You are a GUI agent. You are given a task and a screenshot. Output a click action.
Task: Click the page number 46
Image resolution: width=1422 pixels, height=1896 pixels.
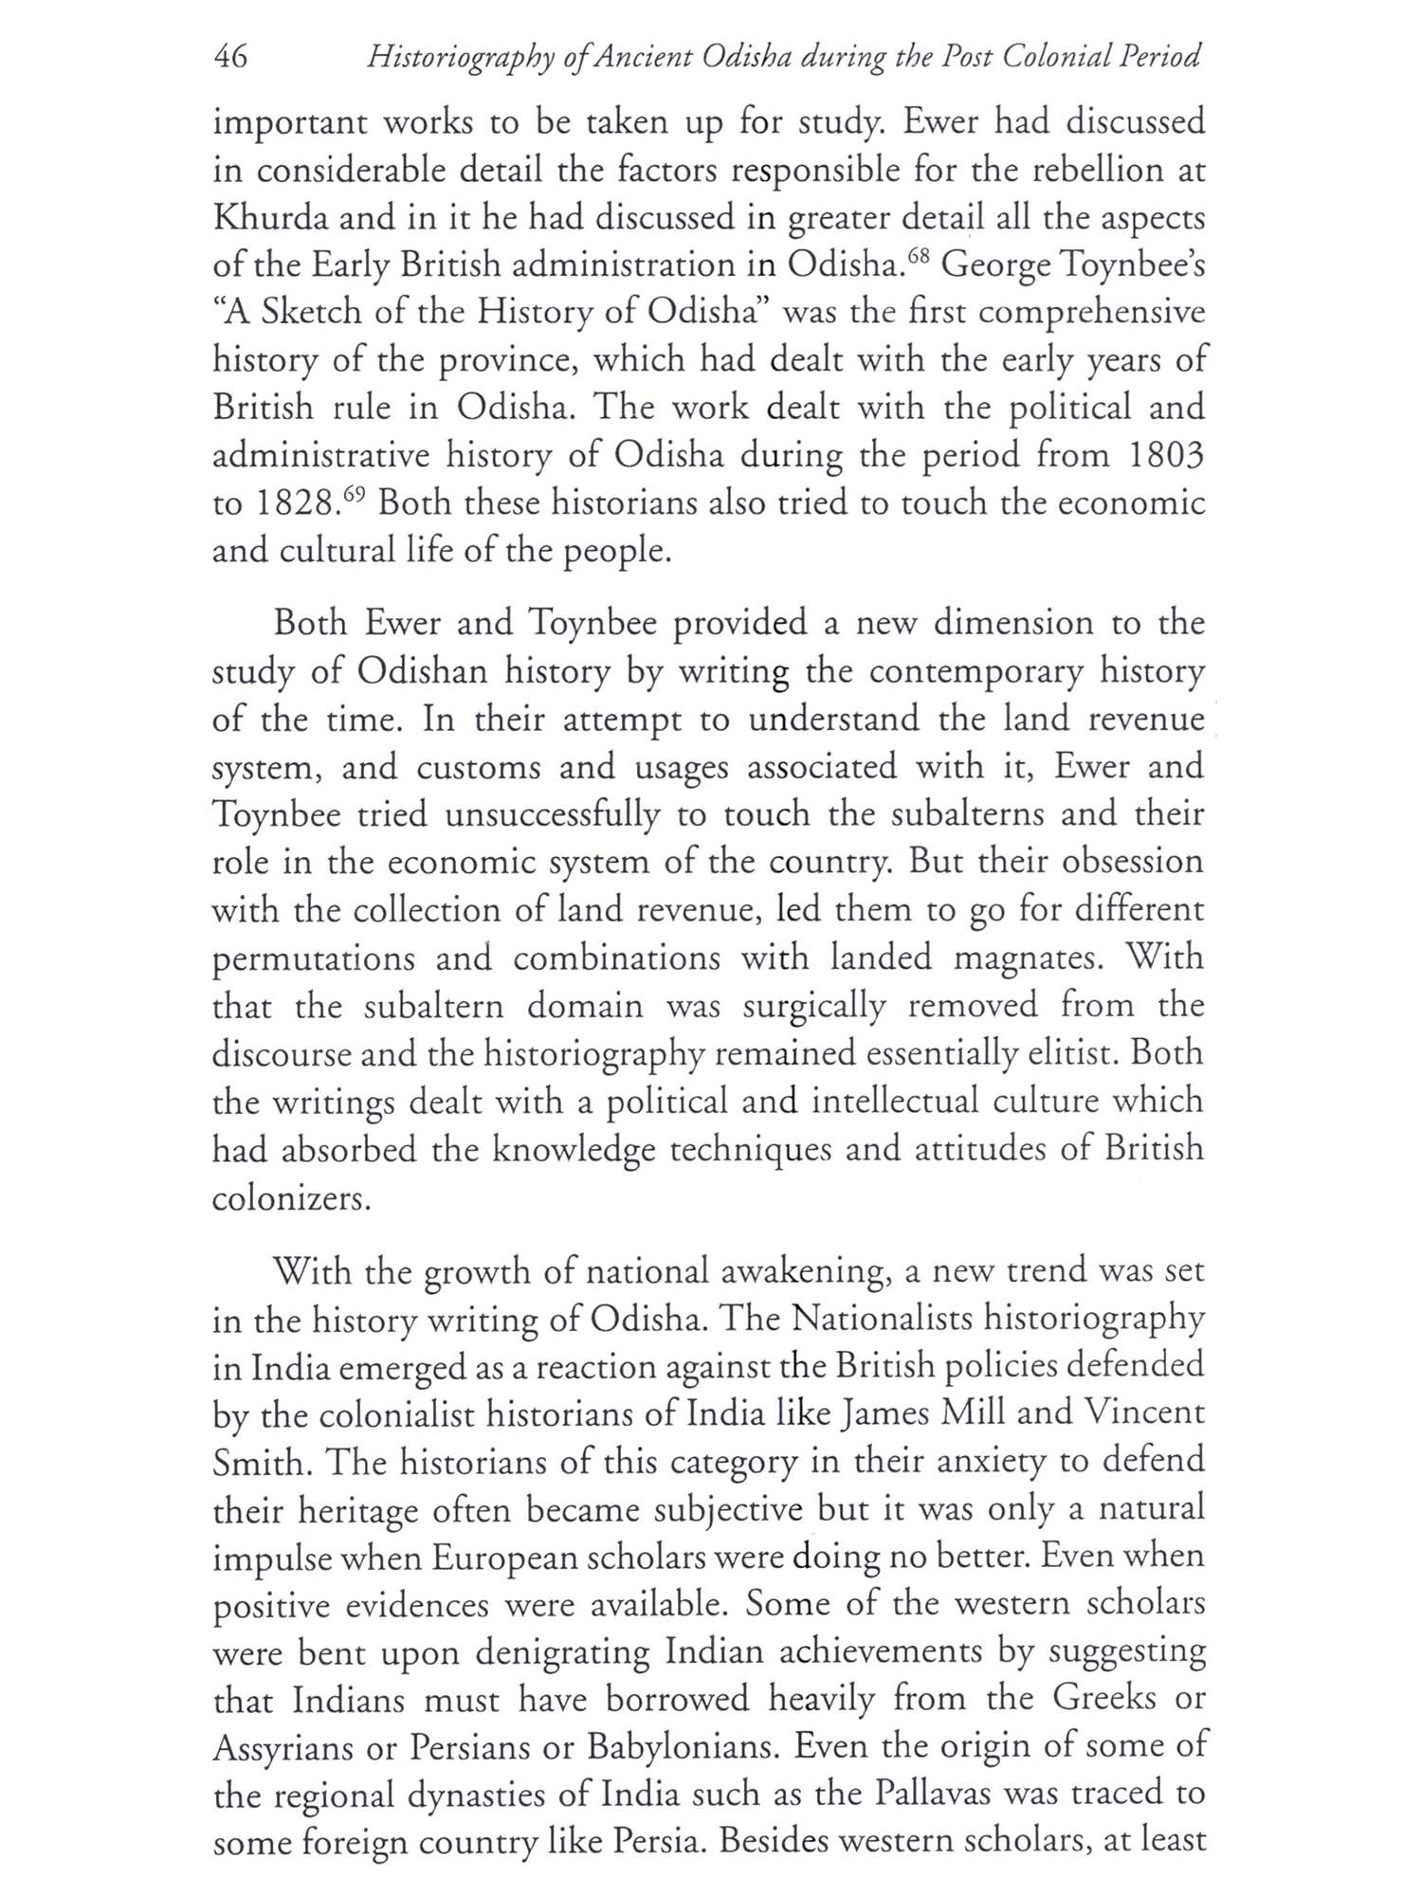click(230, 58)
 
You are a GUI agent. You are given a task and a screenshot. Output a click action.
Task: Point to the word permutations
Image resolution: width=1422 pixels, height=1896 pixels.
click(313, 959)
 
